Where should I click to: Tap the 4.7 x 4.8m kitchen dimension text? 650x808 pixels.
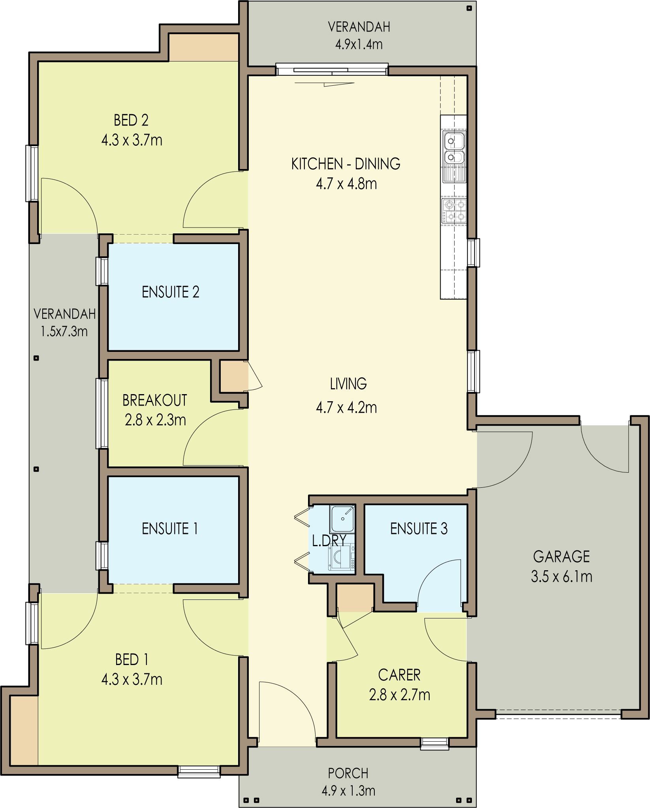(346, 184)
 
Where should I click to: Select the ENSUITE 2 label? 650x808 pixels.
(170, 292)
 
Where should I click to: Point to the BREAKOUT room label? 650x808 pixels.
(154, 400)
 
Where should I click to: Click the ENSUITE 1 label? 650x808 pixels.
(170, 528)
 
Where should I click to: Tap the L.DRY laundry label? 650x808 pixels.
(329, 541)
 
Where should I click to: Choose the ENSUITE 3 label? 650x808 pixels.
(419, 528)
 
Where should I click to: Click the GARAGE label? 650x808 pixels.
(561, 556)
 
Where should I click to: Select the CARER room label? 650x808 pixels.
(399, 675)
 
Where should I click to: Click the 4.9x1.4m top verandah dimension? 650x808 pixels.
(359, 44)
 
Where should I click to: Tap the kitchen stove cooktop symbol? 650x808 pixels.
(454, 211)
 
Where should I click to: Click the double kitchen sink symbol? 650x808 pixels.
(454, 149)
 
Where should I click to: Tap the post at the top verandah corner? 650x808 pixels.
(469, 8)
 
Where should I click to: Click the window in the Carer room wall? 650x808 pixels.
(434, 743)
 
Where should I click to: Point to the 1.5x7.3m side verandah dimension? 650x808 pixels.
(64, 331)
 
